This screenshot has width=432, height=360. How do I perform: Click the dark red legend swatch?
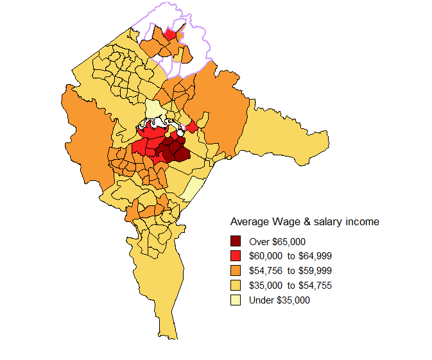coord(236,241)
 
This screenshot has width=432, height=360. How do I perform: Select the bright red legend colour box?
coord(236,255)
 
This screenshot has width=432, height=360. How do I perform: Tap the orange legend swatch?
coord(236,270)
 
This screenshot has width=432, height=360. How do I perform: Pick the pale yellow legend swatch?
coord(236,300)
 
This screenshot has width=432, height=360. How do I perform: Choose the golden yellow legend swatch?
coord(236,285)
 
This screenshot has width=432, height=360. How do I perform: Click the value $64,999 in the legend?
coord(313,255)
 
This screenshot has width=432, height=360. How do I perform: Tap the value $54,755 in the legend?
coord(313,285)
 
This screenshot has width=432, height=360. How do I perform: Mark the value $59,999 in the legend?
coord(313,270)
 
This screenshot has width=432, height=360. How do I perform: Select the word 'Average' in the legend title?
coord(250,222)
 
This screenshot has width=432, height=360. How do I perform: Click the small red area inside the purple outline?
coord(171,34)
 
